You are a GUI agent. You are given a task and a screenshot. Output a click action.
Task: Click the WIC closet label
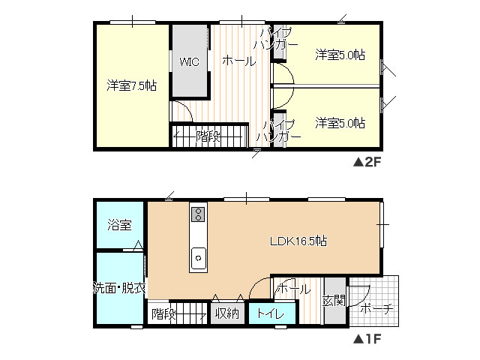click(x=189, y=61)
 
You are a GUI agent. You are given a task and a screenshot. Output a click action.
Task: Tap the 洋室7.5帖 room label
click(x=130, y=85)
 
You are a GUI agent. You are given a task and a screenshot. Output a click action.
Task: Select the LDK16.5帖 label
click(x=298, y=241)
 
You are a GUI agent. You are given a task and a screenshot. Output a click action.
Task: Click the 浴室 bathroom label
click(x=119, y=224)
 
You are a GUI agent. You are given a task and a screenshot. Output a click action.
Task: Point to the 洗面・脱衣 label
click(x=118, y=288)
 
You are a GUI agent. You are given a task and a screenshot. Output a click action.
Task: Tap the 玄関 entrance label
click(x=334, y=301)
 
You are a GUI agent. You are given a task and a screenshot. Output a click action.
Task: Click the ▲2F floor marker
click(x=368, y=160)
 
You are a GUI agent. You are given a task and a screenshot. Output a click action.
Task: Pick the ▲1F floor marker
click(x=368, y=338)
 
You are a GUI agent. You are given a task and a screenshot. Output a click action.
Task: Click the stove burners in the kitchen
click(x=198, y=215)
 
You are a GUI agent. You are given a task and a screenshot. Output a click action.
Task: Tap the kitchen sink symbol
click(x=198, y=256)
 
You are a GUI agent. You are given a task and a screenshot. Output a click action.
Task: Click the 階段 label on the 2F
click(x=208, y=136)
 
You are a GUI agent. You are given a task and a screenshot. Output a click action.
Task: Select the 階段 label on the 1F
click(x=163, y=313)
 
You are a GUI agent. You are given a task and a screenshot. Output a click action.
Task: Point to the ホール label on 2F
click(x=238, y=61)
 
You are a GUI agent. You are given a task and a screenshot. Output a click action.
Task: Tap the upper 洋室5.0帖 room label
click(x=340, y=55)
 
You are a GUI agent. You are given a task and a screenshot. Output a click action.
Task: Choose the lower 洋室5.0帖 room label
click(x=340, y=122)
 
